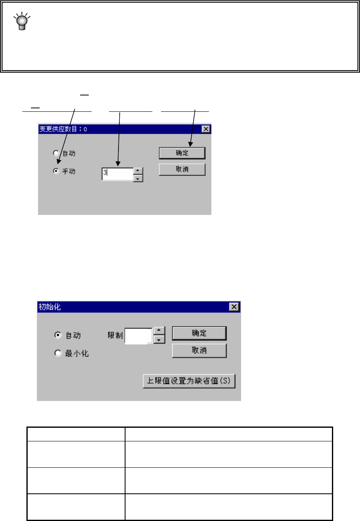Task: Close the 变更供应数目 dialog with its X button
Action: pyautogui.click(x=206, y=129)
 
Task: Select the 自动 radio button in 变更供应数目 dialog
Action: pyautogui.click(x=56, y=153)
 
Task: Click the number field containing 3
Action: pyautogui.click(x=118, y=174)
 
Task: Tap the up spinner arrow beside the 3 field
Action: pyautogui.click(x=139, y=170)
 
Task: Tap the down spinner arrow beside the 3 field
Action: pyautogui.click(x=139, y=178)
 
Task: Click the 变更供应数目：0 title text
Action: pyautogui.click(x=63, y=129)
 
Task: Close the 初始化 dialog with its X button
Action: pyautogui.click(x=234, y=307)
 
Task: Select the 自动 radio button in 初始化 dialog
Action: pyautogui.click(x=58, y=335)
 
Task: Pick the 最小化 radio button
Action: pyautogui.click(x=58, y=354)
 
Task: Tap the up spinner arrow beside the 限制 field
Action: pyautogui.click(x=159, y=331)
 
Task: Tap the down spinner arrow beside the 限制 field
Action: pyautogui.click(x=159, y=339)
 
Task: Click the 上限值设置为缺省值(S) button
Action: pyautogui.click(x=189, y=381)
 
